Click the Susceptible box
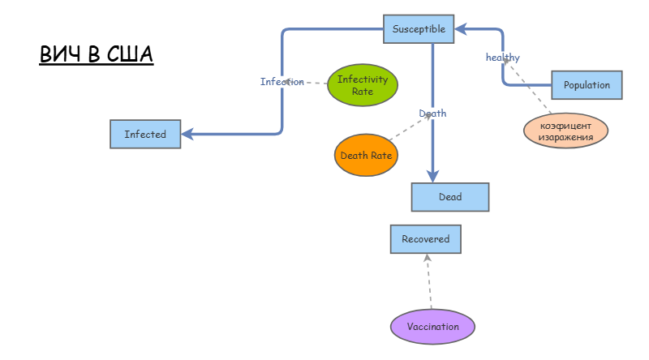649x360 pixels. coord(419,29)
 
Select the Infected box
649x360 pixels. coord(145,134)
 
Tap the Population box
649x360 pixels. coord(587,85)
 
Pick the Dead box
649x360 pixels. coord(450,197)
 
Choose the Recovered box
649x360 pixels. coord(425,239)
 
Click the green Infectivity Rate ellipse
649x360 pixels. coord(363,85)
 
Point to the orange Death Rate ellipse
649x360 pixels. coord(366,155)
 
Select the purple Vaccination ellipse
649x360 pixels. coord(432,327)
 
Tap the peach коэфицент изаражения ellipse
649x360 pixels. coord(565,131)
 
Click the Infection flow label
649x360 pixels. coord(282,82)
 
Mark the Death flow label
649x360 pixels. coord(432,114)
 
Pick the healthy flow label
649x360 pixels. coord(502,57)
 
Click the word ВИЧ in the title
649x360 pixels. coord(60,55)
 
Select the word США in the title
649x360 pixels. coord(130,55)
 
